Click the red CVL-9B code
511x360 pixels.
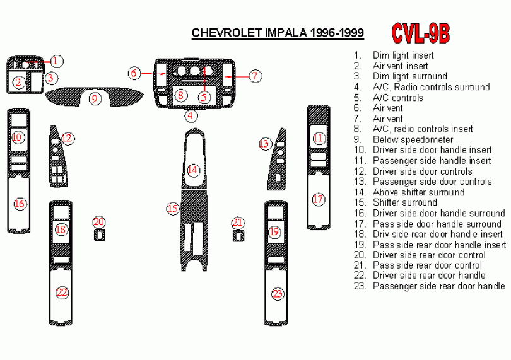[420, 33]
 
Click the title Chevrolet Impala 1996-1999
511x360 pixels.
[278, 33]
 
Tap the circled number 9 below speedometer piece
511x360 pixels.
[95, 98]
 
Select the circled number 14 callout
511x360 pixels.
[193, 170]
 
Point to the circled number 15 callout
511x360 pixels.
[173, 209]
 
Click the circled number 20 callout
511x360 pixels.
[99, 222]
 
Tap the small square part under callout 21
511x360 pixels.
[238, 236]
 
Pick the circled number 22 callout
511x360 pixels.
[62, 293]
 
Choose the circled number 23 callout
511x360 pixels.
[278, 294]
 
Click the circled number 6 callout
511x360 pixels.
[134, 73]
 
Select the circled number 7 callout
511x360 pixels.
[255, 76]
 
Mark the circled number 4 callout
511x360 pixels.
[191, 115]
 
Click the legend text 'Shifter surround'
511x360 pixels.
[405, 202]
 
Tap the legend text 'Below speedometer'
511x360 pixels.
[413, 140]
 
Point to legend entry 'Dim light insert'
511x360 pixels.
[403, 55]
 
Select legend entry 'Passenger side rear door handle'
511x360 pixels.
[438, 286]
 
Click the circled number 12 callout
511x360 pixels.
[68, 139]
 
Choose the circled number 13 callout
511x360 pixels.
[264, 144]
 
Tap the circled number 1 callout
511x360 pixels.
[56, 61]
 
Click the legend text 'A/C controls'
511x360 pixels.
[398, 98]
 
